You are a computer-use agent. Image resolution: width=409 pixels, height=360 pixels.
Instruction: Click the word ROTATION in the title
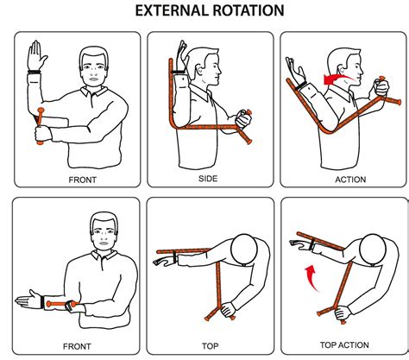point(249,12)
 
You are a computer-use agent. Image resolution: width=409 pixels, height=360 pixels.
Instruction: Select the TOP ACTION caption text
point(343,344)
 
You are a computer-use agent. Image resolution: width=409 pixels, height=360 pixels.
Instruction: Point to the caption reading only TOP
point(209,344)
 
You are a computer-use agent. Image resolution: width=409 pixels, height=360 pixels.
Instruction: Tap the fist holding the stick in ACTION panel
point(377,87)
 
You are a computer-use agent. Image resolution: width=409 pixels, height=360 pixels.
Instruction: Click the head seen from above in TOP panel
point(245,250)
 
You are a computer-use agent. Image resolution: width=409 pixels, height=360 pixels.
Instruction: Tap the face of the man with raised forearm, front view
point(94,68)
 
